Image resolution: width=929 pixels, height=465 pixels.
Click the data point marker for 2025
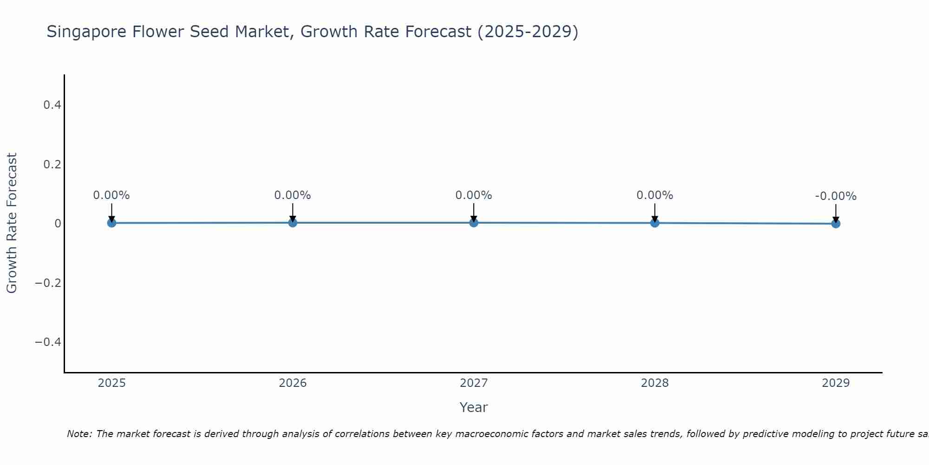pyautogui.click(x=111, y=223)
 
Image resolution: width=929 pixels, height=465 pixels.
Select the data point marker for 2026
pyautogui.click(x=293, y=222)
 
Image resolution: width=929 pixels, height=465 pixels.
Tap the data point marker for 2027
pyautogui.click(x=474, y=222)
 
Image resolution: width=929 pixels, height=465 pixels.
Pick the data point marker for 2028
pyautogui.click(x=655, y=223)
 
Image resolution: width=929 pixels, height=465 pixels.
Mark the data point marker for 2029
pyautogui.click(x=836, y=224)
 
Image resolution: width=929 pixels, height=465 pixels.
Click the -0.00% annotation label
pyautogui.click(x=836, y=196)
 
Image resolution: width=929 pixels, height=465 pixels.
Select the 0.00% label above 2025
pyautogui.click(x=111, y=195)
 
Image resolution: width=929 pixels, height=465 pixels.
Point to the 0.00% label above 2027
pyautogui.click(x=474, y=195)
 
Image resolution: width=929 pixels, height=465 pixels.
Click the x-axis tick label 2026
pyautogui.click(x=293, y=383)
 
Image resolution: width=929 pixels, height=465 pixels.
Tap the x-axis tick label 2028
pyautogui.click(x=655, y=383)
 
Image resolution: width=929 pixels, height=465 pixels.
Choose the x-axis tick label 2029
pyautogui.click(x=836, y=383)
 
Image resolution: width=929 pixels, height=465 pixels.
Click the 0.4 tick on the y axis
pyautogui.click(x=52, y=105)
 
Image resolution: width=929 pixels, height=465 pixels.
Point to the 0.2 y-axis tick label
pyautogui.click(x=52, y=165)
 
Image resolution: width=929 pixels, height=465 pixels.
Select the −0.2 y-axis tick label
pyautogui.click(x=48, y=283)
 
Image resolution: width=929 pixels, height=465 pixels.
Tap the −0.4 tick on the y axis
pyautogui.click(x=48, y=342)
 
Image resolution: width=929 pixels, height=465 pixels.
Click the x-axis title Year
pyautogui.click(x=474, y=407)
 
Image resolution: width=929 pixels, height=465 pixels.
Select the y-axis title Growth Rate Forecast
pyautogui.click(x=12, y=223)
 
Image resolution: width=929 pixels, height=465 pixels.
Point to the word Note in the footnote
pyautogui.click(x=79, y=434)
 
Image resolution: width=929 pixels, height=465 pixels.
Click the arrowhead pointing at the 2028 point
pyautogui.click(x=655, y=219)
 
